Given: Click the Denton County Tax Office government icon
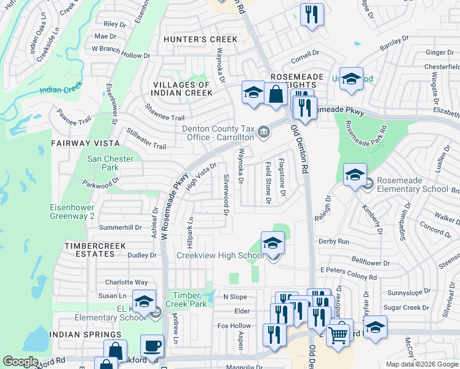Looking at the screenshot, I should click(264, 131).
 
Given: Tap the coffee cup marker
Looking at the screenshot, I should click(152, 346).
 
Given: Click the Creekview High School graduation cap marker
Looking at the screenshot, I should click(272, 243).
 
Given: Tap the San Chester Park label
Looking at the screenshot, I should click(110, 163).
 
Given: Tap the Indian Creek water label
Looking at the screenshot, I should click(60, 90).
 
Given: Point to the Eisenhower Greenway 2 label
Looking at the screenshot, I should click(72, 212).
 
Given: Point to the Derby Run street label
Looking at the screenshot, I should click(333, 242).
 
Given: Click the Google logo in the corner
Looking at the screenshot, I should click(21, 362).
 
